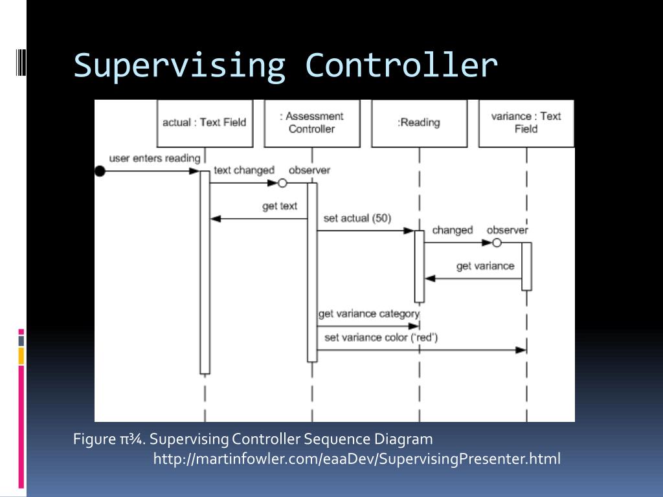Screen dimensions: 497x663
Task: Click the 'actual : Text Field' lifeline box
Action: click(x=205, y=123)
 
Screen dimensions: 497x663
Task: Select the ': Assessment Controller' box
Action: click(x=311, y=123)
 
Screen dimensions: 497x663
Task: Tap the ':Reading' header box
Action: click(x=419, y=123)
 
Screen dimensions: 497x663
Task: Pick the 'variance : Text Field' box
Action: click(x=526, y=123)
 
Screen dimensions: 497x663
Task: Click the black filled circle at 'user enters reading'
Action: click(x=100, y=171)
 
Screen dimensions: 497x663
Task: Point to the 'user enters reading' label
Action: click(x=155, y=158)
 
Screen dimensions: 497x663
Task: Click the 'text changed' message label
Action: click(x=244, y=170)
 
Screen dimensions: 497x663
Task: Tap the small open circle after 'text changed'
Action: click(x=282, y=183)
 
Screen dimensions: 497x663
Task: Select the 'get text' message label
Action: click(x=280, y=206)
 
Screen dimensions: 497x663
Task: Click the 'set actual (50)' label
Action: click(x=357, y=218)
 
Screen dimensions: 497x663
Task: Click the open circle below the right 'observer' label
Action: click(x=497, y=243)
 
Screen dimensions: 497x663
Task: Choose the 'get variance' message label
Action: click(x=485, y=265)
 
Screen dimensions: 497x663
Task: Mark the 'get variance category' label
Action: click(x=368, y=314)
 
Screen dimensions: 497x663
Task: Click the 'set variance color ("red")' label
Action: click(x=381, y=337)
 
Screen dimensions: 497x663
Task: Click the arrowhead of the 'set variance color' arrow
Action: click(x=521, y=350)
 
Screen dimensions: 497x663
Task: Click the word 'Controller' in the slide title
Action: click(x=401, y=65)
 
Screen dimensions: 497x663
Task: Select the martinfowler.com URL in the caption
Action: click(x=357, y=459)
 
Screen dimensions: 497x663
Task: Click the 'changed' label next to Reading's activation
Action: click(x=452, y=230)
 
